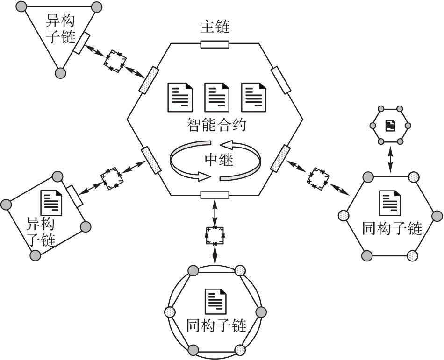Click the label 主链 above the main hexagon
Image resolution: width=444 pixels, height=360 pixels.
point(215,27)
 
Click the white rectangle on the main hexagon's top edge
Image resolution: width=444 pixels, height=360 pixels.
point(215,44)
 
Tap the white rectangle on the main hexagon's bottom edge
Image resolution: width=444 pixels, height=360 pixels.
point(215,194)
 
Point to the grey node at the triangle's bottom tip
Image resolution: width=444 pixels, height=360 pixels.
point(60,73)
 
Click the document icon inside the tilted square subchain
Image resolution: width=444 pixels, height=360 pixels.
point(51,202)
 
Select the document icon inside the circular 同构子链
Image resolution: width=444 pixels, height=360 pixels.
point(215,300)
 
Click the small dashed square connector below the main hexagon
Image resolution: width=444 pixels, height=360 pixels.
point(215,235)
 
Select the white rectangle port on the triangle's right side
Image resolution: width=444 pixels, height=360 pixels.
point(81,43)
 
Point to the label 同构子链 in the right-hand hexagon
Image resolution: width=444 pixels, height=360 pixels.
point(392,229)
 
